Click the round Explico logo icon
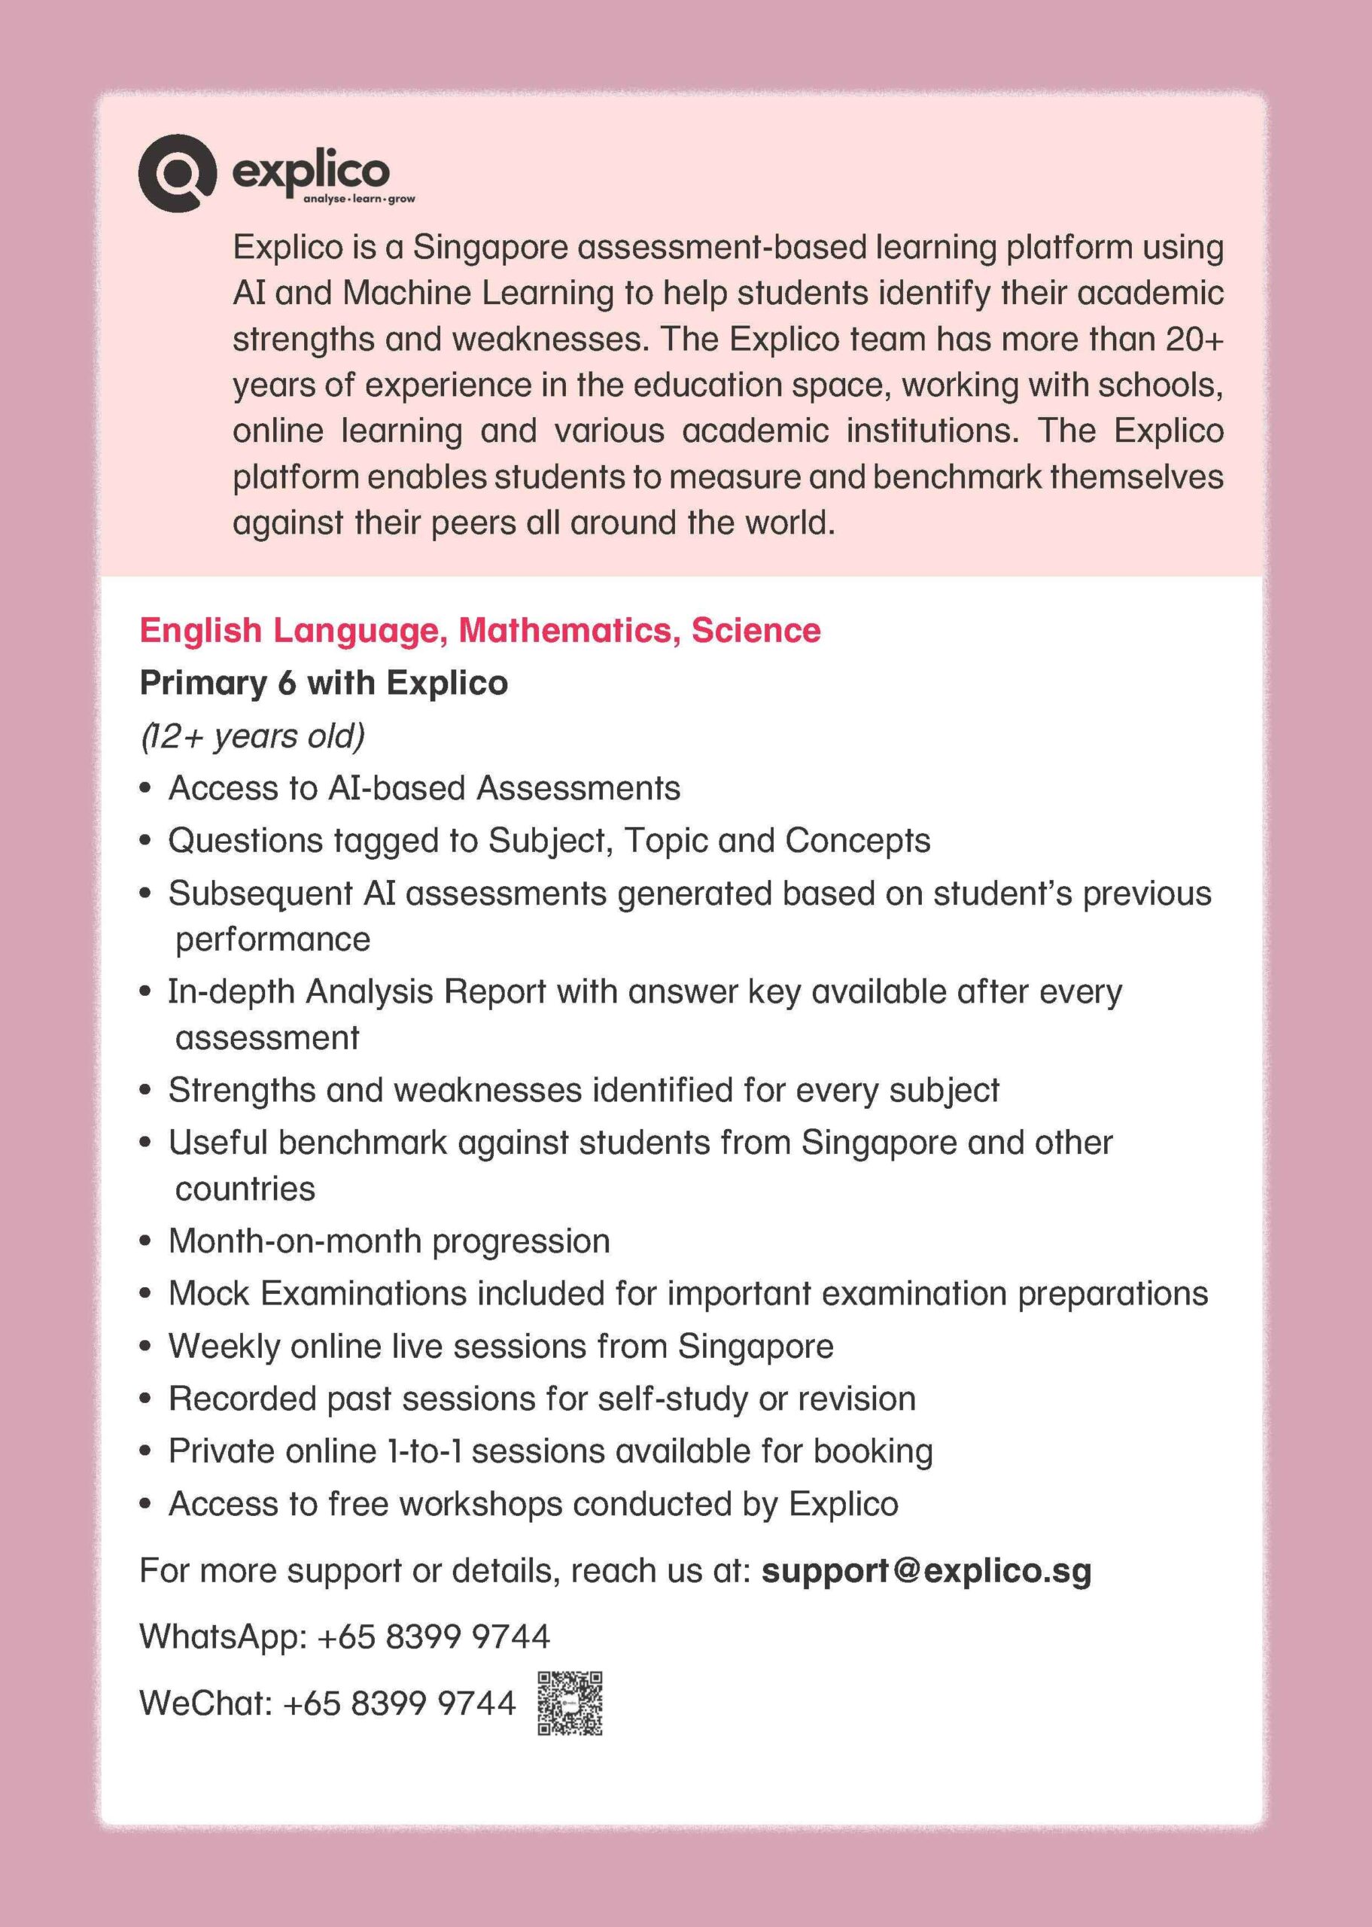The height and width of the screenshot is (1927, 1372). tap(175, 172)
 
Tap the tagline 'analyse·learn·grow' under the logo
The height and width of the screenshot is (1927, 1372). tap(359, 199)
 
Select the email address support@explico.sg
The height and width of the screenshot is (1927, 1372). tap(926, 1570)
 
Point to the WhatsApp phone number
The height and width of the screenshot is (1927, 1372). tap(434, 1636)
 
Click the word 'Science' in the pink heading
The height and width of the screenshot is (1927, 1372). tap(756, 630)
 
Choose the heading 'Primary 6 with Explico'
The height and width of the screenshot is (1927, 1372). tap(324, 683)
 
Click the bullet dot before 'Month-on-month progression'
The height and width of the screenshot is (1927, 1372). tap(146, 1242)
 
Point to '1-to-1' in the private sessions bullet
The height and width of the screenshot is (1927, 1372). tap(423, 1451)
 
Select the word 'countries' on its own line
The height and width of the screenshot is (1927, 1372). tap(245, 1189)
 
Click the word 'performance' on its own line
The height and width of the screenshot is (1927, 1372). tap(272, 939)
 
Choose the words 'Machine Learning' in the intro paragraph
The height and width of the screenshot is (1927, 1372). tap(478, 293)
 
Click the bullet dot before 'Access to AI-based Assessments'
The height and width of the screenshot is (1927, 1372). tap(146, 789)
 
